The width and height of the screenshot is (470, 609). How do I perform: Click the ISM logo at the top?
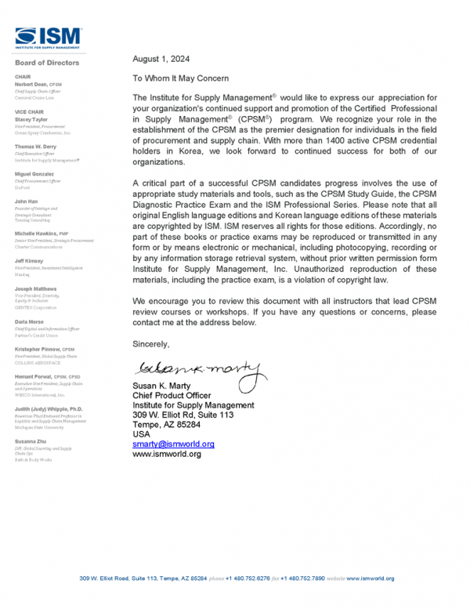tap(48, 37)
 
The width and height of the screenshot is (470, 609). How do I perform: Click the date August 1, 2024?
tap(161, 59)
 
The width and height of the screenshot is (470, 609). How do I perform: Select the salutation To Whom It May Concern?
tap(180, 78)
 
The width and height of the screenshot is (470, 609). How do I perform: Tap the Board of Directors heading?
tap(46, 63)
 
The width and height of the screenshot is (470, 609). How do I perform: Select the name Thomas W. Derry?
tap(36, 147)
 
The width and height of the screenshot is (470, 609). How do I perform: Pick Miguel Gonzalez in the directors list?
tap(34, 173)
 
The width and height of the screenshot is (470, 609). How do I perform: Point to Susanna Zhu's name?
tap(31, 443)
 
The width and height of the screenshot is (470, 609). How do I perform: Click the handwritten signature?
tap(196, 368)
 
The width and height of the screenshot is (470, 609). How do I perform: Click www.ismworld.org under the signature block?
tap(167, 454)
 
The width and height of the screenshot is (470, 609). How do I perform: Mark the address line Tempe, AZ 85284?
tap(167, 424)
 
